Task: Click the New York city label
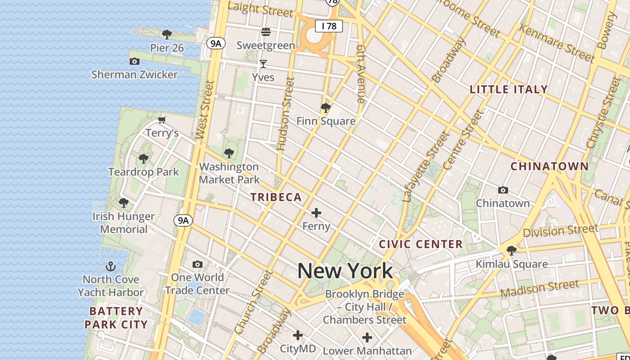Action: tap(345, 271)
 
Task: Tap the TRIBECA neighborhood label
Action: tap(276, 197)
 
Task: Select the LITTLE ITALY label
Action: tap(508, 89)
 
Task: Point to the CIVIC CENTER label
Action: tap(421, 244)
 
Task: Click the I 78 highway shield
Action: tap(329, 26)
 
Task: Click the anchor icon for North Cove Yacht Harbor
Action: tap(110, 266)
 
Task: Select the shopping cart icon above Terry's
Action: tap(162, 120)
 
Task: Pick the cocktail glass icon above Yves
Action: tap(263, 64)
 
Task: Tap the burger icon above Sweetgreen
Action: tap(266, 32)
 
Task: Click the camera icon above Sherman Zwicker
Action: tap(134, 61)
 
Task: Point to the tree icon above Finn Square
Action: tap(326, 108)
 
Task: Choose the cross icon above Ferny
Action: tap(316, 213)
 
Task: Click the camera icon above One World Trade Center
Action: tap(197, 264)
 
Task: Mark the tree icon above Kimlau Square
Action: tap(512, 250)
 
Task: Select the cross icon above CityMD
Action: tap(297, 335)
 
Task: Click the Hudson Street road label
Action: tap(286, 114)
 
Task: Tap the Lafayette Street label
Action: tap(426, 166)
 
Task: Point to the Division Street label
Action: tap(561, 231)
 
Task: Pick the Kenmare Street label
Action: tap(557, 43)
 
